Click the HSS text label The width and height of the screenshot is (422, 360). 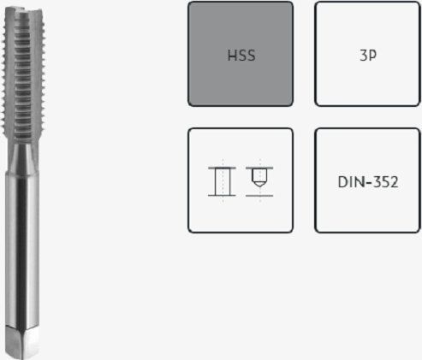241,56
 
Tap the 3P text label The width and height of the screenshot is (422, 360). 368,56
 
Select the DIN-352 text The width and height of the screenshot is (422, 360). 368,182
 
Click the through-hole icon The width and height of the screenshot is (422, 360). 222,181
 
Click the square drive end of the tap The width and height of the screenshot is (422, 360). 22,342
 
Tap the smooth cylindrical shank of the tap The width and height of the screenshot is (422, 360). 22,248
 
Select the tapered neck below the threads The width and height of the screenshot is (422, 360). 23,157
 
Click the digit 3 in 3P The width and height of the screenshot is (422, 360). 364,56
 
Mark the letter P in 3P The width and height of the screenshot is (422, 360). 372,56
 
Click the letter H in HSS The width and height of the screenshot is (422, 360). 232,56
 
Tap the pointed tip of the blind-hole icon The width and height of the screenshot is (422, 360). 259,186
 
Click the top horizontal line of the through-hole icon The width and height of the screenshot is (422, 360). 222,168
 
